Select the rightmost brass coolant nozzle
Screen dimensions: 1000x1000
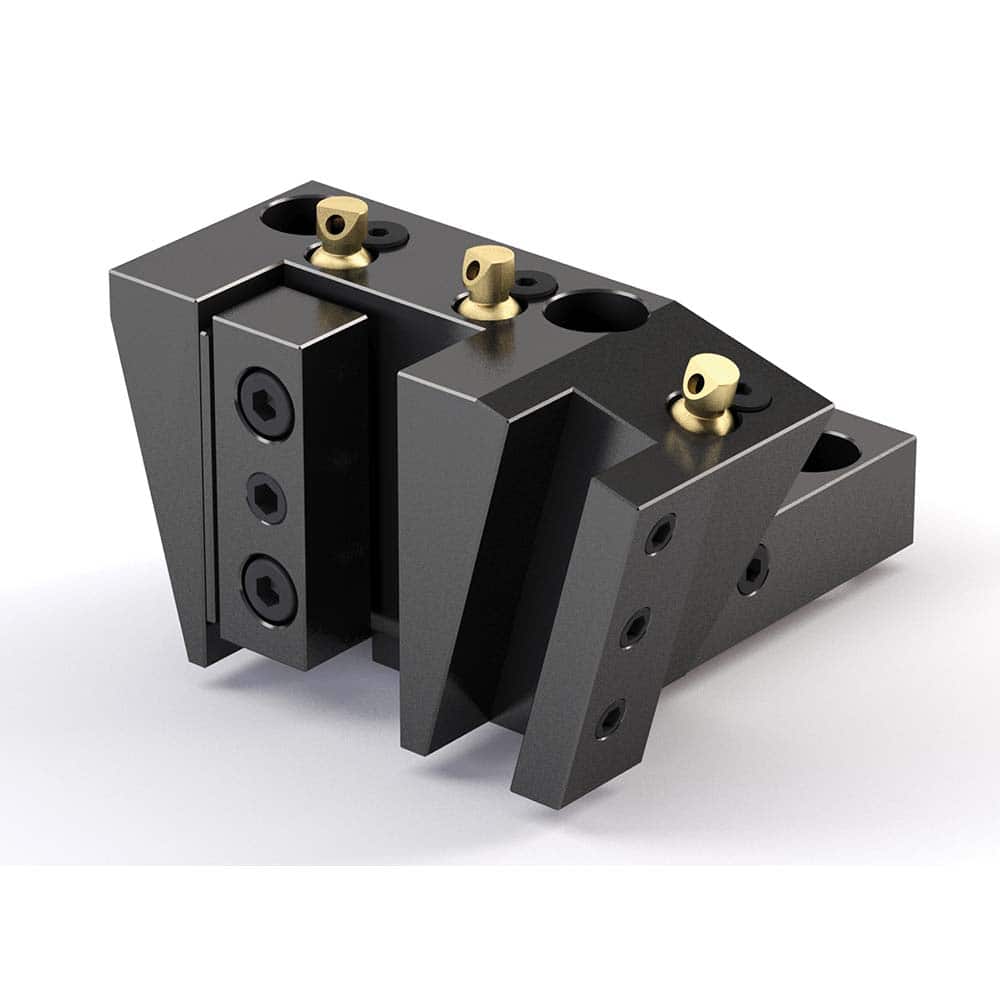(709, 390)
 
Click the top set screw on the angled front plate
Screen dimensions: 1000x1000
(660, 534)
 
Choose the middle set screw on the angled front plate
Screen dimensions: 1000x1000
(634, 627)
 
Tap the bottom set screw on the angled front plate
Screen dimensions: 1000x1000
(607, 719)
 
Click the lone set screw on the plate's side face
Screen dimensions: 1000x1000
(753, 569)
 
